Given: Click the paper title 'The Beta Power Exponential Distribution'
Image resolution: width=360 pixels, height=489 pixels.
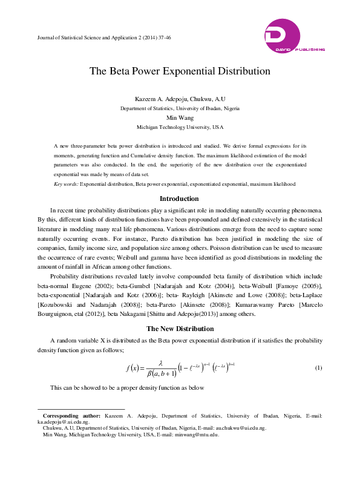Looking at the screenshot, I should click(180, 71).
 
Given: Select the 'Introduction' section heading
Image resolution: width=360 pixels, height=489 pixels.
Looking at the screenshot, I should click(179, 199).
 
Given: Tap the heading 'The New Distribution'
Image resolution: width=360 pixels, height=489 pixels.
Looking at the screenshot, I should click(180, 329).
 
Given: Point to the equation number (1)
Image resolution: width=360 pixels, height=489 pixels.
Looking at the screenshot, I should click(319, 368).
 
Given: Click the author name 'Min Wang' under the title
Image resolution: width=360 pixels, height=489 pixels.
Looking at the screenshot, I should click(180, 118).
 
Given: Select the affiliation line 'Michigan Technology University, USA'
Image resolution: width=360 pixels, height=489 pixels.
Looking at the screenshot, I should click(180, 128).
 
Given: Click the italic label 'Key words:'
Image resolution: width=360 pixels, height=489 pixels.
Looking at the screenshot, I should click(67, 183).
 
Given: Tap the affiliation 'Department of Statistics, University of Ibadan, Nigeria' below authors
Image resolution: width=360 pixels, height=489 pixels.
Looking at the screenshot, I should click(180, 108).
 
